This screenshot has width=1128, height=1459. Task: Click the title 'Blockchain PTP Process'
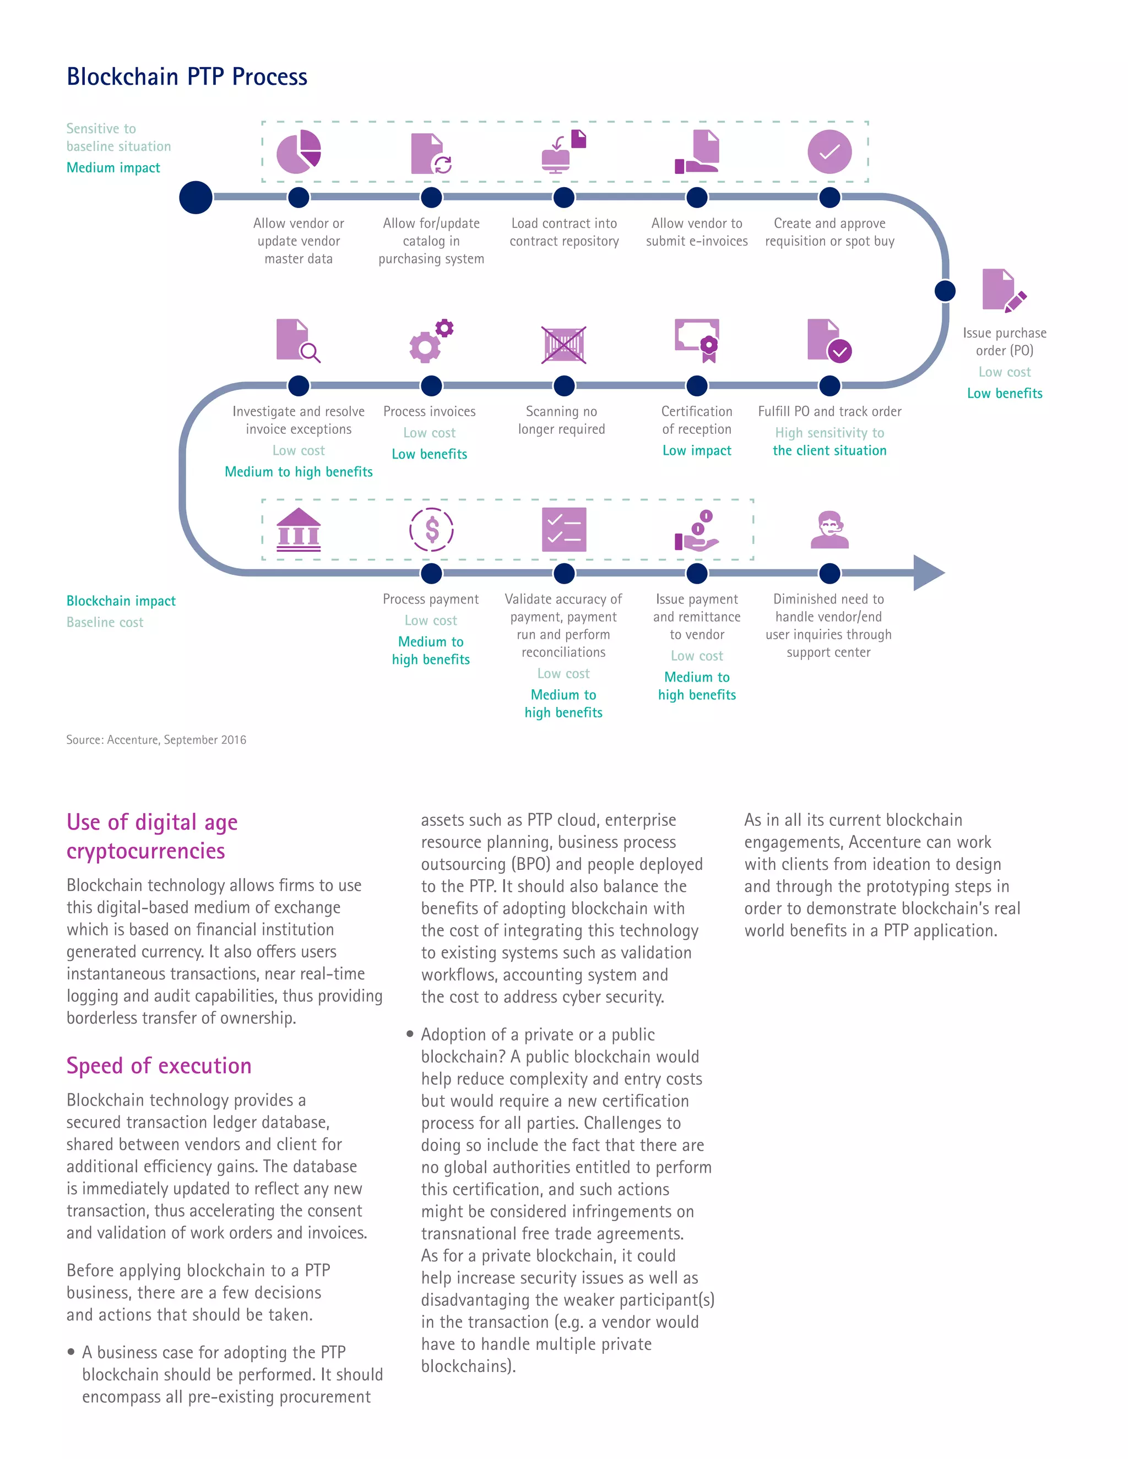187,78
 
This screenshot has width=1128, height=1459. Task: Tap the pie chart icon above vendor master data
299,151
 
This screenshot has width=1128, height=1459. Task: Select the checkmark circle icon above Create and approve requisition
829,151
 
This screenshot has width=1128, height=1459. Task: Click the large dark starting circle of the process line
196,198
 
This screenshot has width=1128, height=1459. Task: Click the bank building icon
299,530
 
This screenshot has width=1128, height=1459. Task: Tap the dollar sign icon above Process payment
432,530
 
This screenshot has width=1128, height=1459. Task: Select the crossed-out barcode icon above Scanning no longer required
564,345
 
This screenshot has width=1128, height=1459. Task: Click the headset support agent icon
829,530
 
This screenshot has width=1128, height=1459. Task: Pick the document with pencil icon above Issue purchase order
1003,291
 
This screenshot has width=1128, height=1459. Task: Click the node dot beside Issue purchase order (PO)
944,291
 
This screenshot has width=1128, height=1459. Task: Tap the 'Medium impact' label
113,168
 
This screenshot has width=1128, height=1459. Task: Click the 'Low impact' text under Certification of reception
696,451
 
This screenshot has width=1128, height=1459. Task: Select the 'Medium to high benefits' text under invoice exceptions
299,472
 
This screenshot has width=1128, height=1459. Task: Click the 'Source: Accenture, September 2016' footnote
156,739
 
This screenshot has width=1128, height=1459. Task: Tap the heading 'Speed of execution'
159,1065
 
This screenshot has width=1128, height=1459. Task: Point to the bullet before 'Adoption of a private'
410,1034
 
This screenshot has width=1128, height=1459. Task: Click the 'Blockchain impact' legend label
121,601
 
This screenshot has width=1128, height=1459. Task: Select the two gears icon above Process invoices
431,341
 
